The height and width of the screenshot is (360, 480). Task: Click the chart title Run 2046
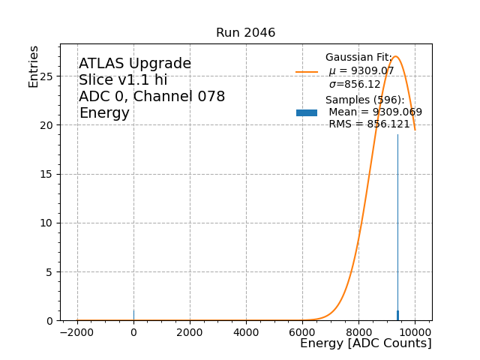click(245, 33)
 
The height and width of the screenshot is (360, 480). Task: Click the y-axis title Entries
click(34, 67)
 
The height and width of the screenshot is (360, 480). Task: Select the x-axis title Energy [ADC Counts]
click(365, 343)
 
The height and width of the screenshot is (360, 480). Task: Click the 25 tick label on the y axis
click(47, 76)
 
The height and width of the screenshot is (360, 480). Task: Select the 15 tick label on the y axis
click(47, 174)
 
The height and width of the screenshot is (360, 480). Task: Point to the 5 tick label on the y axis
click(50, 271)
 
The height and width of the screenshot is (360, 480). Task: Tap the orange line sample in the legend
click(307, 72)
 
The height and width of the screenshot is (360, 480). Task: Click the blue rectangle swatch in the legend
click(307, 112)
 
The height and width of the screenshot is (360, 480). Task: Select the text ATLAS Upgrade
click(135, 64)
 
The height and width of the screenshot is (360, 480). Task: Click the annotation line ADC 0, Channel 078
click(151, 97)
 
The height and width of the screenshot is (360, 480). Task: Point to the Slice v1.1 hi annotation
click(123, 80)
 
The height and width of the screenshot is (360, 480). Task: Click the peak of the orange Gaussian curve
click(395, 56)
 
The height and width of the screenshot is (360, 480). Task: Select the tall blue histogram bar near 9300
click(397, 225)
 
